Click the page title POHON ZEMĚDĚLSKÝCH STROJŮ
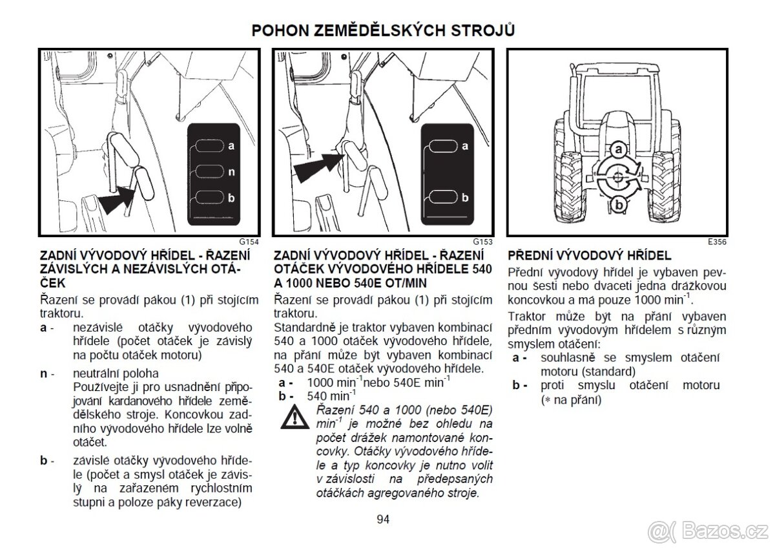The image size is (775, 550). (x=384, y=31)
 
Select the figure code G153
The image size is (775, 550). (x=482, y=242)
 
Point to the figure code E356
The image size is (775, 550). (x=716, y=242)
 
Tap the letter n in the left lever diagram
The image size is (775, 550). (x=231, y=172)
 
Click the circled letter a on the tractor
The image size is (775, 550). (x=618, y=150)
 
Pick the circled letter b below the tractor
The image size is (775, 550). (x=617, y=204)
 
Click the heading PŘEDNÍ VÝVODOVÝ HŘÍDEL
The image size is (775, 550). (x=590, y=255)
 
